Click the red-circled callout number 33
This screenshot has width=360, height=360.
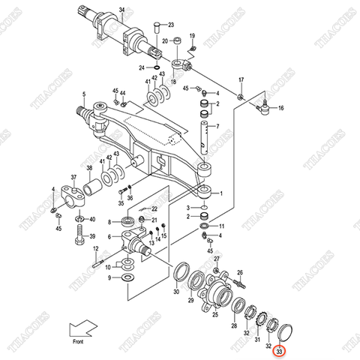point(280,349)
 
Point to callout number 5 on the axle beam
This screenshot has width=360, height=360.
point(84,94)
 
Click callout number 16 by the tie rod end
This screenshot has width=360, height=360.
point(280,109)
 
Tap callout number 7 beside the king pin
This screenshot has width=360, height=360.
point(217,127)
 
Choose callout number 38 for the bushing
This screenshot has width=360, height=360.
point(89,168)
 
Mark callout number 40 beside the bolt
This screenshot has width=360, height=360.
point(92,220)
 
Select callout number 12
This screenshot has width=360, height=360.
point(95,248)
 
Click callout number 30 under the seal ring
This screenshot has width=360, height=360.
point(177,292)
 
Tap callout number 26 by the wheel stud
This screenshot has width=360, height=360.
point(241,273)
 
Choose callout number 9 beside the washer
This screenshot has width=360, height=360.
point(109,277)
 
